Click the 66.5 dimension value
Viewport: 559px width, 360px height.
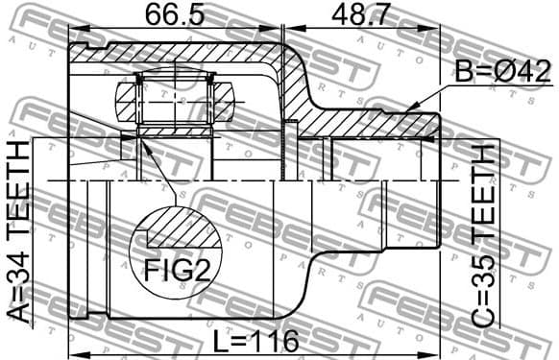tap(175, 16)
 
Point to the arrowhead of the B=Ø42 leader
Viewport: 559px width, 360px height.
tap(407, 108)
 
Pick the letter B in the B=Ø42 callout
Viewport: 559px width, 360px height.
tap(464, 71)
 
